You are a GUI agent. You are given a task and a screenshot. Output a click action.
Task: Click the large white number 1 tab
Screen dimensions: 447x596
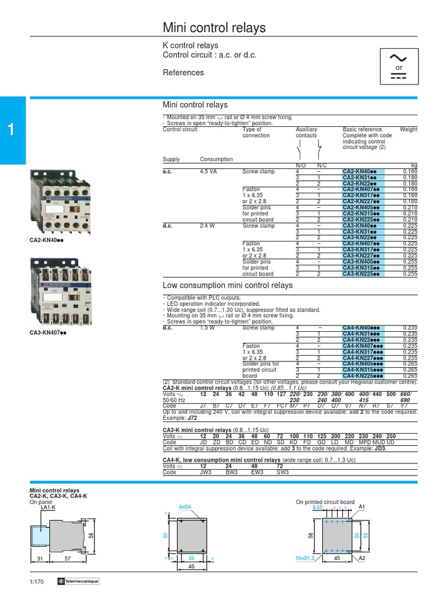(x=12, y=130)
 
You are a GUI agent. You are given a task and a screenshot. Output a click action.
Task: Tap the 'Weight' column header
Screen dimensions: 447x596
(x=409, y=129)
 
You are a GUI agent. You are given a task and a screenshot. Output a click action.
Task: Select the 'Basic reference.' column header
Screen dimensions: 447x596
(x=363, y=129)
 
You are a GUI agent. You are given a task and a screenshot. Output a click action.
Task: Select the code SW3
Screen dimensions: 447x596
(x=282, y=473)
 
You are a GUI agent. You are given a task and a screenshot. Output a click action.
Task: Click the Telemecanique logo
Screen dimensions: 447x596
(x=79, y=582)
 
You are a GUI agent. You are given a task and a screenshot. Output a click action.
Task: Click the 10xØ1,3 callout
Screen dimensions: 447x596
(x=304, y=559)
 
